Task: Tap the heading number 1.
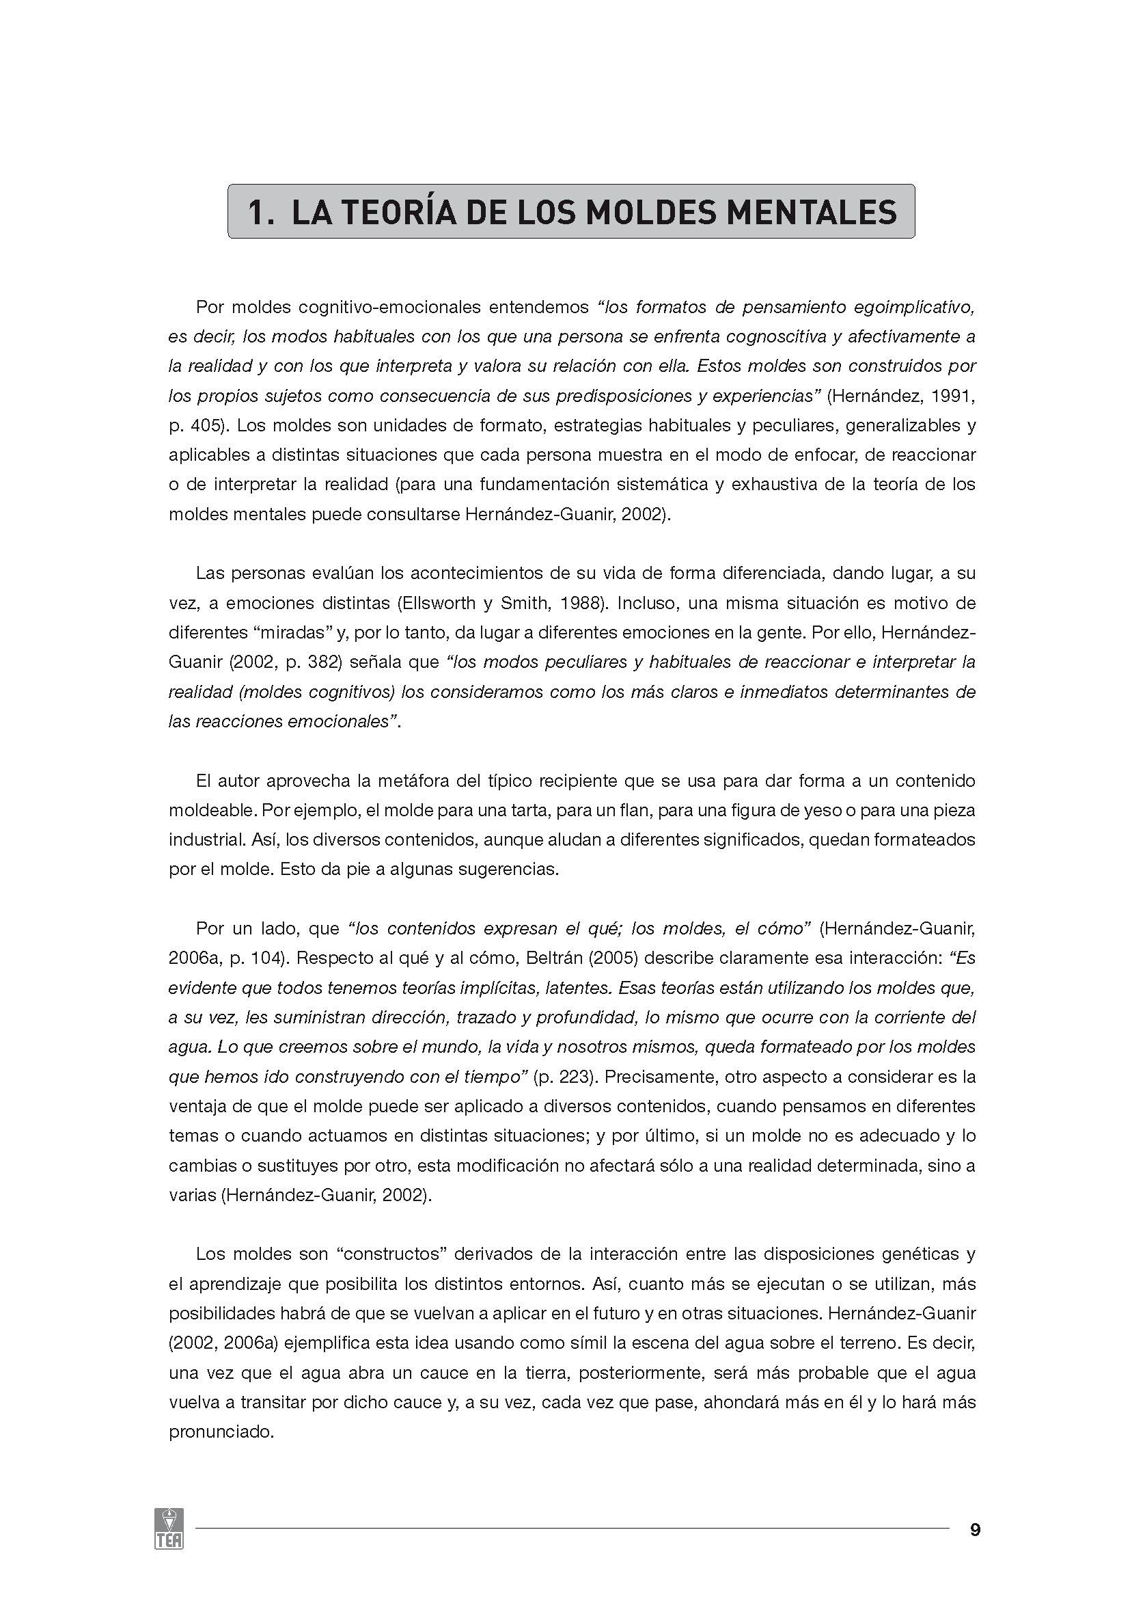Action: pyautogui.click(x=259, y=213)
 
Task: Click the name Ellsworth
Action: pyautogui.click(x=441, y=603)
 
